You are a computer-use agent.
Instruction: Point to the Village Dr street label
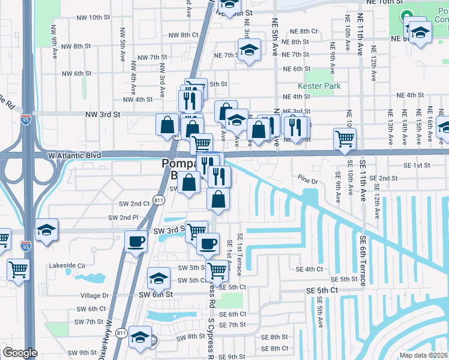[x=94, y=296]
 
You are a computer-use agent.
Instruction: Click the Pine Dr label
[x=307, y=178]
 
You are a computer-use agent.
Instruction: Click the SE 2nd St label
[x=383, y=178]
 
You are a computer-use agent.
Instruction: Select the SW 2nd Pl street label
[x=123, y=217]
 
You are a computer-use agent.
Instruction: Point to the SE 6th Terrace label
[x=363, y=259]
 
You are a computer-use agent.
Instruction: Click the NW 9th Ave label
[x=54, y=37]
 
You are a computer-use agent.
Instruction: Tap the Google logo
[x=20, y=352]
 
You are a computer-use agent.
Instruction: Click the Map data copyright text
[x=424, y=355]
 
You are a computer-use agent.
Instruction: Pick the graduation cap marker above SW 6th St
[x=159, y=278]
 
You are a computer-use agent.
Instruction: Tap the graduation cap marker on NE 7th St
[x=248, y=50]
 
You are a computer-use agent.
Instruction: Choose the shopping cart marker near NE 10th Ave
[x=345, y=139]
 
